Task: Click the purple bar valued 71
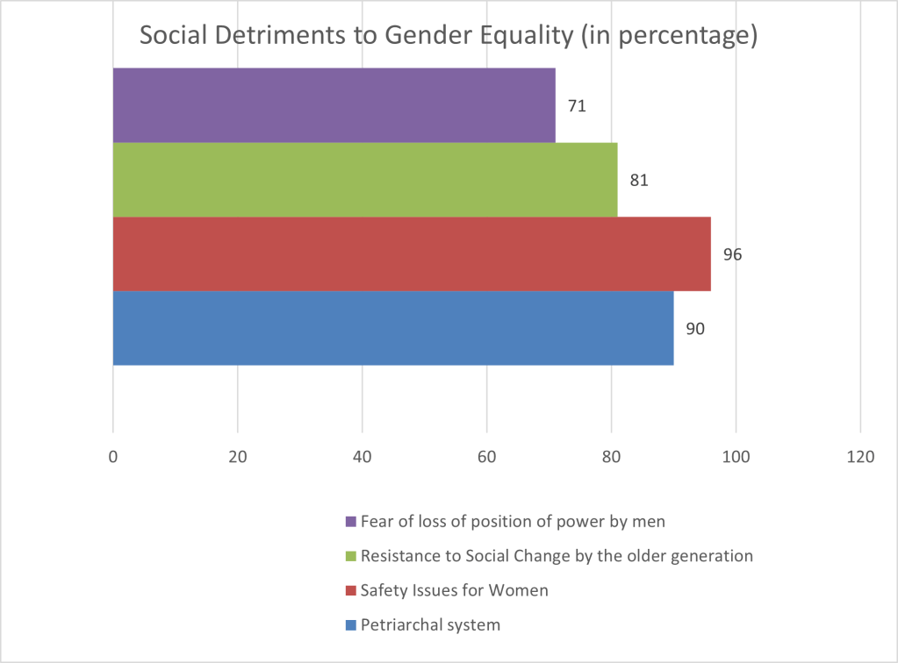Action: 334,105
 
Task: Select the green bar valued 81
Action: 364,180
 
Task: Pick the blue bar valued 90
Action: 392,328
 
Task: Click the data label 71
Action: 577,106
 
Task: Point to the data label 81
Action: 639,181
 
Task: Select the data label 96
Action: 732,254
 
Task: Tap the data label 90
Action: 695,329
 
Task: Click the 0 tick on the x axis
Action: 113,457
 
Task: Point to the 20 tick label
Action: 237,457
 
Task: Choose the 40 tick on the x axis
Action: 362,457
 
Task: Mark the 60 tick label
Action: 486,457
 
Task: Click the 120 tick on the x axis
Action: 860,457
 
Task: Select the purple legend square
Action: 351,521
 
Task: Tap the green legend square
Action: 351,556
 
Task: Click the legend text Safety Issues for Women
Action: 454,590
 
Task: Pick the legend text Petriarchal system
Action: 430,624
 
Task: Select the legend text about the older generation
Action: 557,555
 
